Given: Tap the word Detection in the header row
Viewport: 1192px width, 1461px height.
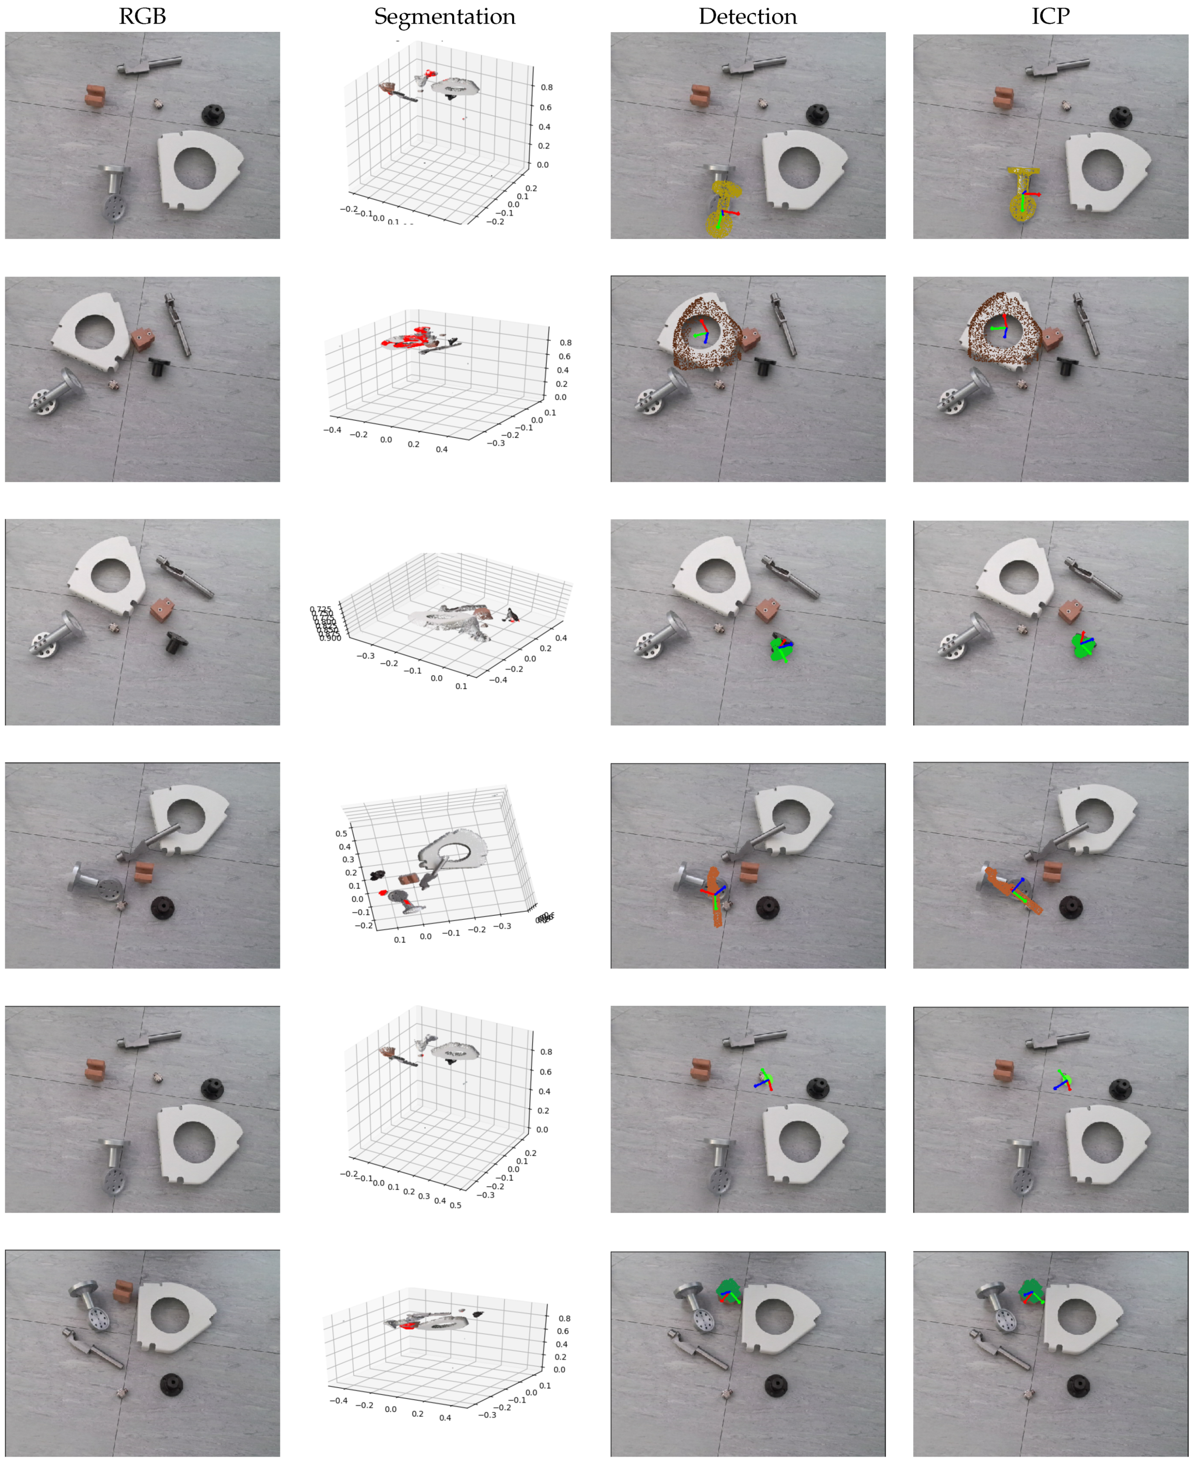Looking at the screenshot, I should (x=748, y=16).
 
